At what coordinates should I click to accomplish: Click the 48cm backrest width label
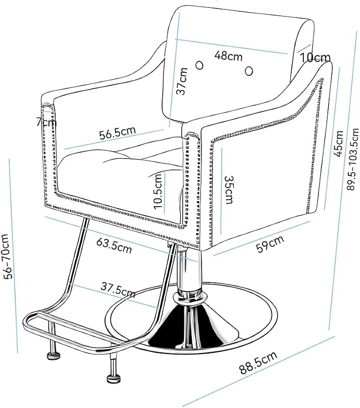point(229,56)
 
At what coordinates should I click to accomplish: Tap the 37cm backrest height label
point(182,81)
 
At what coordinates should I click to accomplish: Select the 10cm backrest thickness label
point(315,58)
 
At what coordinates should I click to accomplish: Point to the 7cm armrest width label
point(46,122)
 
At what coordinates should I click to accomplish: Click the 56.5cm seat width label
point(118,132)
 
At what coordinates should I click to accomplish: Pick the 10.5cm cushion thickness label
point(158,191)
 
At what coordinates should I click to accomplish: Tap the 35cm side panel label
point(229,190)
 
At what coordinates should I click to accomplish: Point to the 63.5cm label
point(115,246)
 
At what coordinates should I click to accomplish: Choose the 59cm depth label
point(270,244)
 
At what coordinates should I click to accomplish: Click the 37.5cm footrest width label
point(118,290)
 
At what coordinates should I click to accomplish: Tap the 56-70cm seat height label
point(7,256)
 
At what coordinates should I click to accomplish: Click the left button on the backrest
point(200,65)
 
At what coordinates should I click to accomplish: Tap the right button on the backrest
point(249,71)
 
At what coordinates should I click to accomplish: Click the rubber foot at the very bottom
point(114,378)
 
